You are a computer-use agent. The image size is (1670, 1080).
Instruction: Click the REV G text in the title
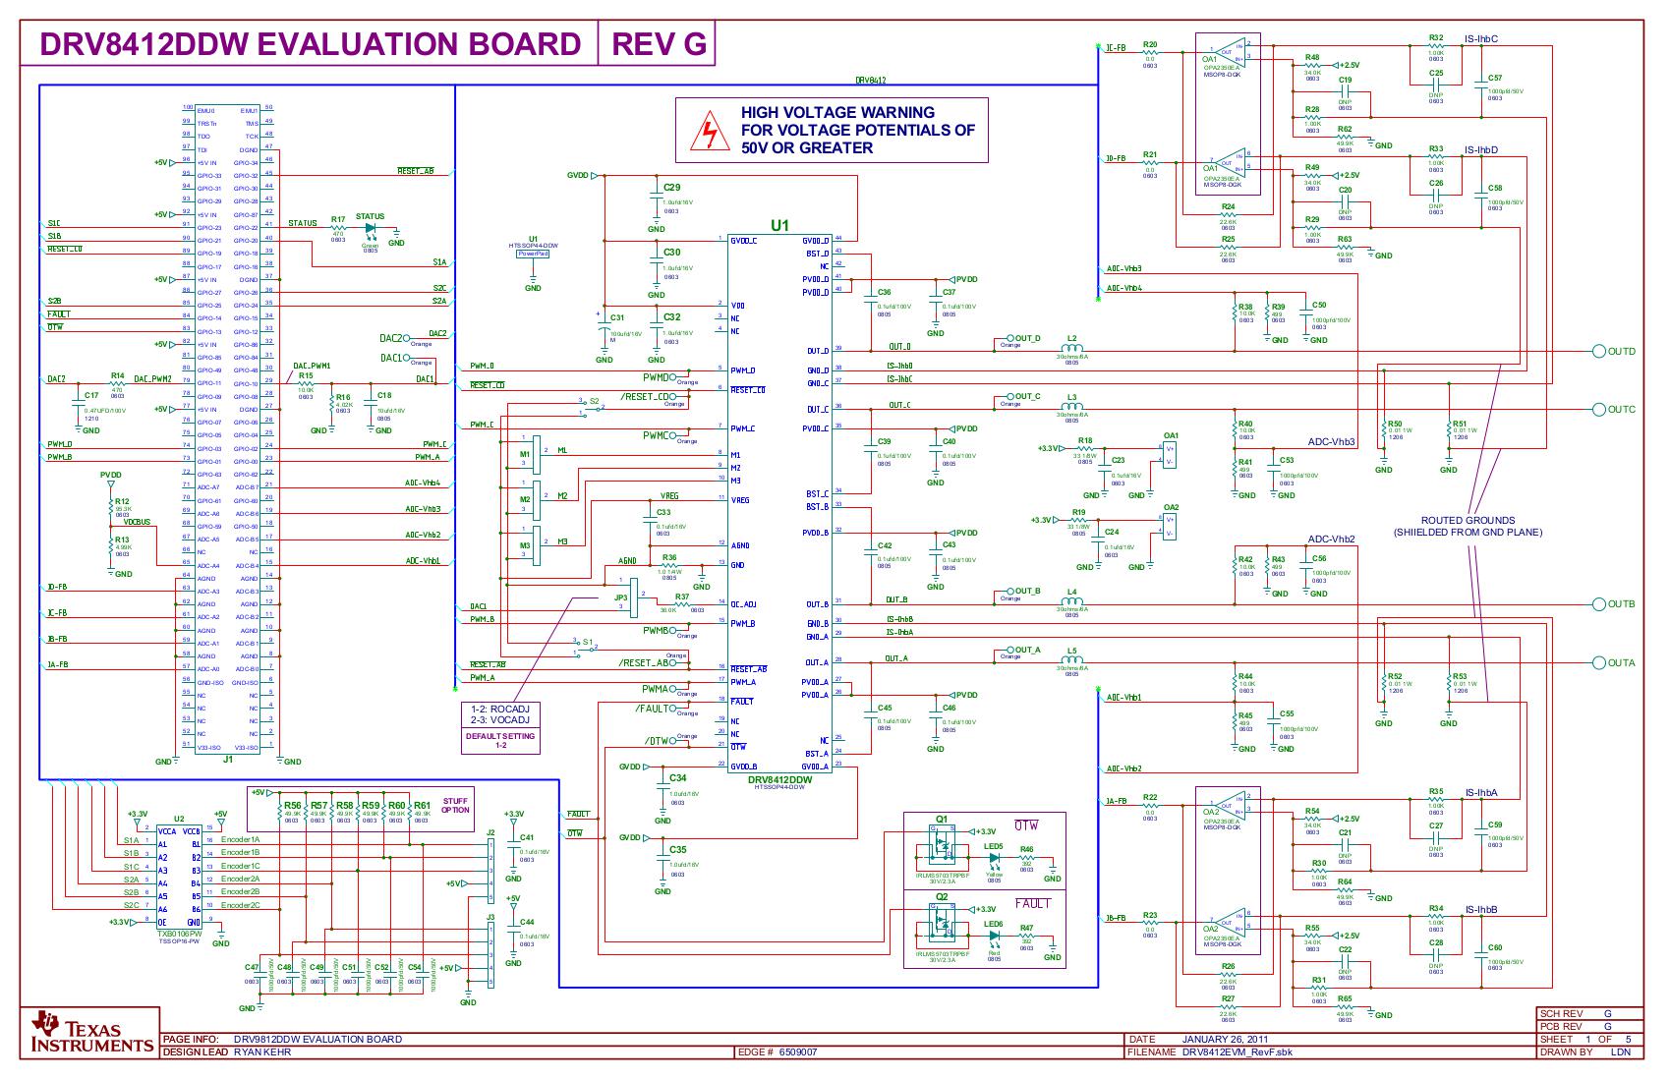pos(659,45)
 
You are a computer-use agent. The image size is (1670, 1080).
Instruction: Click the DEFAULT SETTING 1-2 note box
pos(500,740)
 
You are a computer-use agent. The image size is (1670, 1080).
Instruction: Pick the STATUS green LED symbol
pos(371,228)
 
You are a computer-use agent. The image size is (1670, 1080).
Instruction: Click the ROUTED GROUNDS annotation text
pos(1468,526)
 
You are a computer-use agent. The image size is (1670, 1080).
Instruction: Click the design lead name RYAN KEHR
pos(262,1052)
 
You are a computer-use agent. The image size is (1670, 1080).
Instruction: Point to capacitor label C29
pos(671,187)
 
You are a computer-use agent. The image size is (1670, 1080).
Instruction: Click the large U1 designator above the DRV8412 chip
pos(778,225)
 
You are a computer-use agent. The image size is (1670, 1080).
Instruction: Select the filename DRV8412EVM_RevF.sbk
pos(1237,1052)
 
